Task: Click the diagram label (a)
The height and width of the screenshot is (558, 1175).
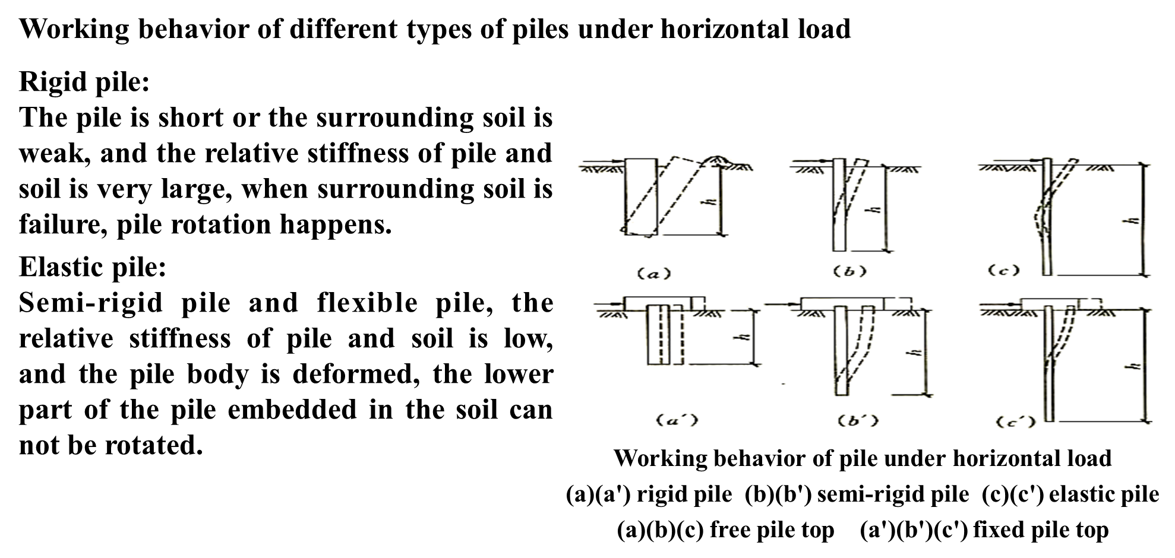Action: tap(653, 274)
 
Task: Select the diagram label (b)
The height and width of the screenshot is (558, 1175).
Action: tap(850, 272)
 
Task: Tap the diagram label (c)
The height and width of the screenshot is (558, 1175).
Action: tap(1003, 271)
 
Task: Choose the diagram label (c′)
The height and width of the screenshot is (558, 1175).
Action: tap(1016, 421)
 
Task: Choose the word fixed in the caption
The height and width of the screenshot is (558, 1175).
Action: tap(999, 530)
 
